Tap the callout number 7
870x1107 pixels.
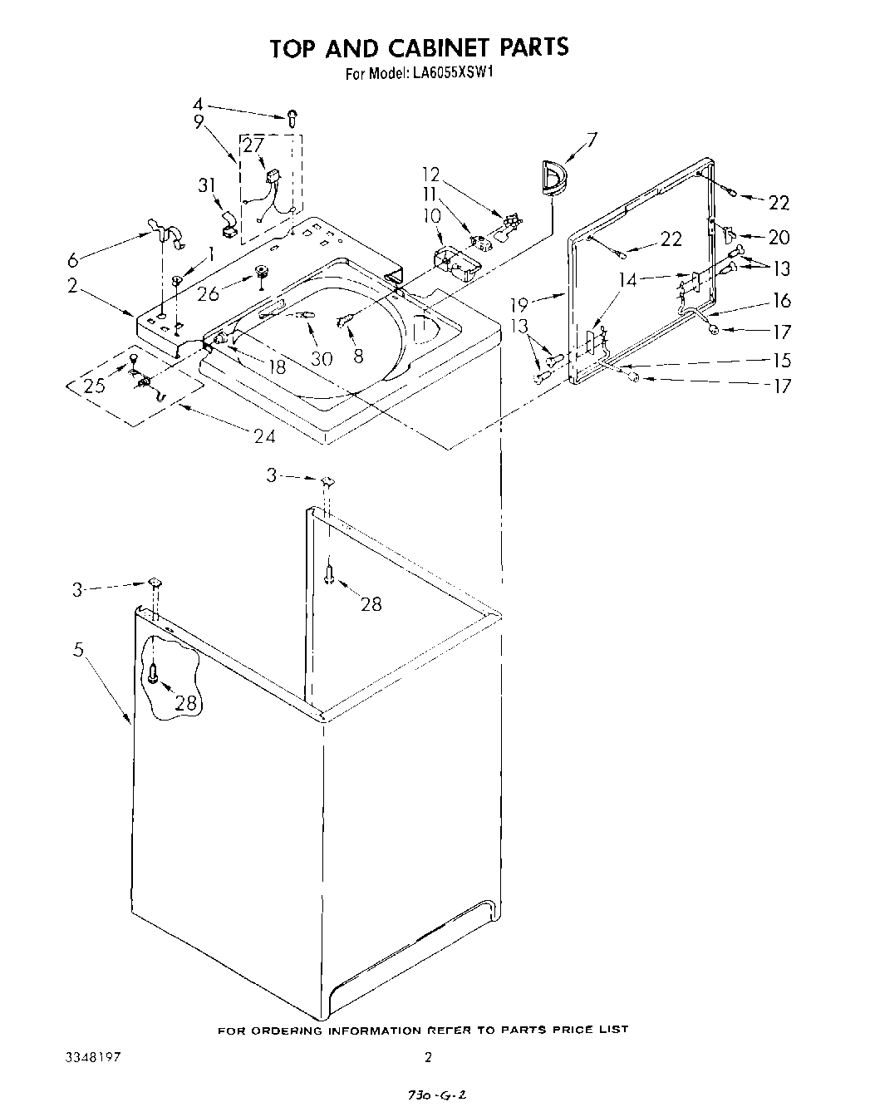pyautogui.click(x=591, y=139)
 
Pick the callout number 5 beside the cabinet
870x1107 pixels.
pyautogui.click(x=78, y=650)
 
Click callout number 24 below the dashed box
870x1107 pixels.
pyautogui.click(x=263, y=435)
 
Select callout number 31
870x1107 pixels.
pyautogui.click(x=208, y=186)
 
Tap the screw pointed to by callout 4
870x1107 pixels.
pyautogui.click(x=292, y=117)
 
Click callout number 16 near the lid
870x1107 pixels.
pyautogui.click(x=781, y=301)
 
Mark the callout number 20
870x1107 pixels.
pyautogui.click(x=779, y=238)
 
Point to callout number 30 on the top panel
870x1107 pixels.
pyautogui.click(x=322, y=358)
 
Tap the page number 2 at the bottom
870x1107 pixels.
pyautogui.click(x=428, y=1057)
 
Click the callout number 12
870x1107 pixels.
pyautogui.click(x=430, y=175)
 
